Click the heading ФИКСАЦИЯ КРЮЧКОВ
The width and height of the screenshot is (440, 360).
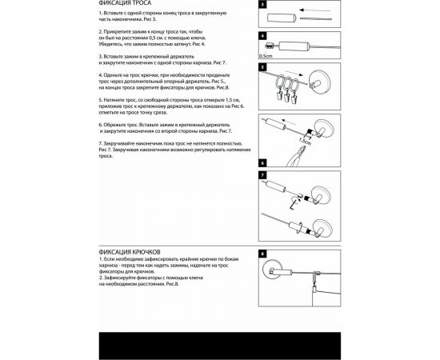coord(127,249)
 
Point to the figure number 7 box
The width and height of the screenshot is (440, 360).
coord(262,174)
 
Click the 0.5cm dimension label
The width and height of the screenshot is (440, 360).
coord(266,57)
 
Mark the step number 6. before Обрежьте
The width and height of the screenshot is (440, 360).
coord(101,125)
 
